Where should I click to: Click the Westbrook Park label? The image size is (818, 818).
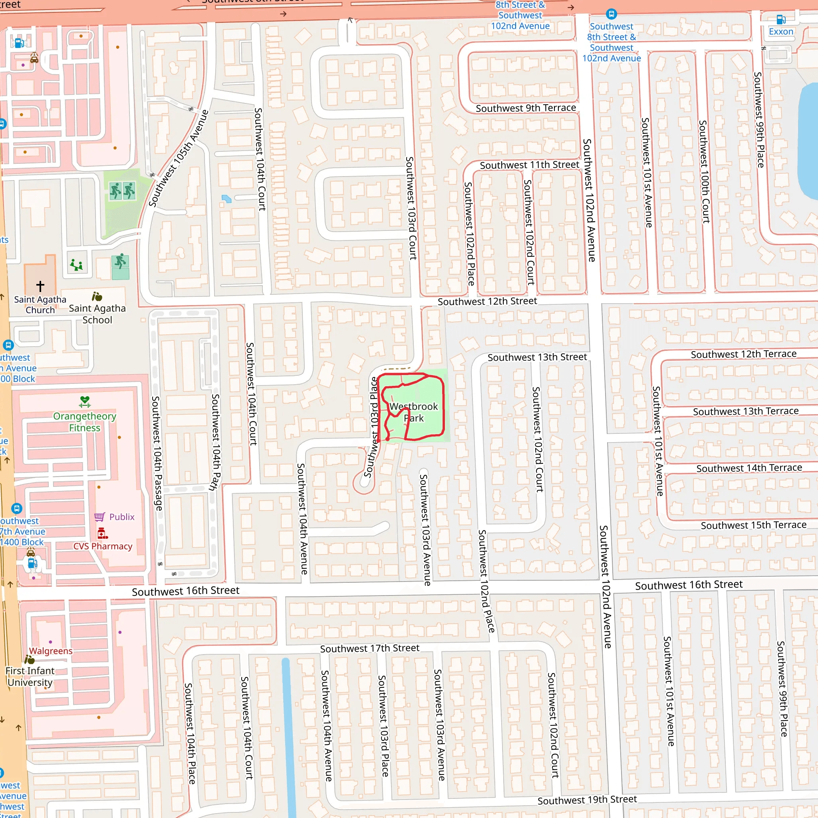[x=413, y=412]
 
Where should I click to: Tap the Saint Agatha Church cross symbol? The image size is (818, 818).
[x=40, y=286]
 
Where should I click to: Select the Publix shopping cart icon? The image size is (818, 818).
[x=99, y=516]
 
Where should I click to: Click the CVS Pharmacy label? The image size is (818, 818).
[x=103, y=546]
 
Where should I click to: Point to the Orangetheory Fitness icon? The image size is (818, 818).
[x=85, y=401]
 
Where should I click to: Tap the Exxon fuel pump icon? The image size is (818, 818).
[x=781, y=20]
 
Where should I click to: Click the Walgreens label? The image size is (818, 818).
[x=51, y=651]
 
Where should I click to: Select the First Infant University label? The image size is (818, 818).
[x=30, y=677]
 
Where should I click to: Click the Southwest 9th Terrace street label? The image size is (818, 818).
[x=526, y=108]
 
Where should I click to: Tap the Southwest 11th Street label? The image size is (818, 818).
[x=529, y=165]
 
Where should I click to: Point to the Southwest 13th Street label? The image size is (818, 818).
[x=537, y=357]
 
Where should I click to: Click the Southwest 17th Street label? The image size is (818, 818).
[x=369, y=648]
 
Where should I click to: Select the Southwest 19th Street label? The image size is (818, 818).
[x=587, y=800]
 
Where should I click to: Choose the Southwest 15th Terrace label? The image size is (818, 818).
[x=753, y=525]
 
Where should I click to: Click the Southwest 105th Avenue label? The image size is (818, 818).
[x=178, y=158]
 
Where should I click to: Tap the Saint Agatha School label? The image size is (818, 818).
[x=97, y=314]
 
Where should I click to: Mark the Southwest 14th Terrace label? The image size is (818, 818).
[x=749, y=468]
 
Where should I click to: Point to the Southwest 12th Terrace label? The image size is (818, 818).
[x=743, y=354]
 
